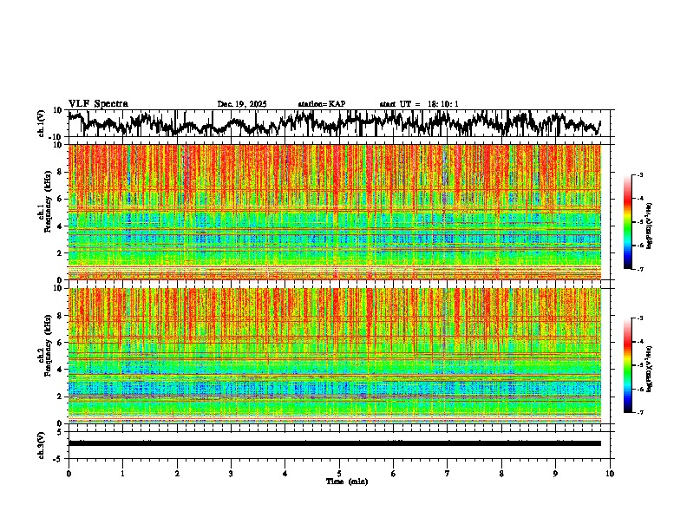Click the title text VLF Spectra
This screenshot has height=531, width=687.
[98, 103]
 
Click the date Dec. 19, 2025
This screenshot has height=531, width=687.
[242, 104]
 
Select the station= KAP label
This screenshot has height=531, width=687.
[322, 104]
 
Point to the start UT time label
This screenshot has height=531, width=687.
[419, 104]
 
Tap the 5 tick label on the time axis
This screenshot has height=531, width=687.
[339, 473]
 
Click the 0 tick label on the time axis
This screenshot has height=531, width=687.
[69, 473]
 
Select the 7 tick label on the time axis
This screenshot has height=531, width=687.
[448, 473]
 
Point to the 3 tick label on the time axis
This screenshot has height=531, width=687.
[231, 473]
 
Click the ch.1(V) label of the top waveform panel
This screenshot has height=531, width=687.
[42, 123]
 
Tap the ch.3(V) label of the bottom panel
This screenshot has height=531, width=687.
[42, 443]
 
